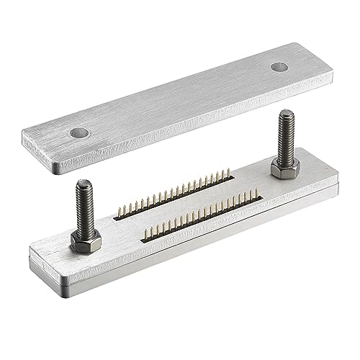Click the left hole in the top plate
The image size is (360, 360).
coord(79,132)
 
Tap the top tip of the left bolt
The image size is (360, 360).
coord(79,184)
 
